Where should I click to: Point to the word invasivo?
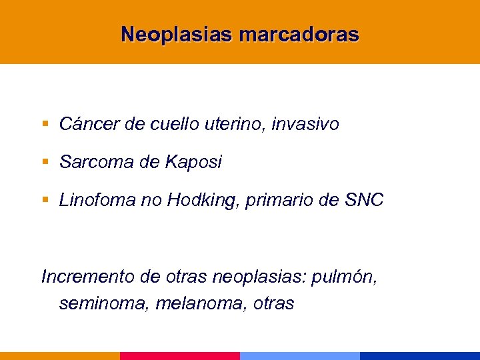click(307, 124)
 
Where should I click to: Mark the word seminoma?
click(104, 304)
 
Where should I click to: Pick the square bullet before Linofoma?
click(45, 201)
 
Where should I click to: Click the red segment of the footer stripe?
click(180, 356)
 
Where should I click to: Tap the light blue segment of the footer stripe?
click(300, 356)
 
